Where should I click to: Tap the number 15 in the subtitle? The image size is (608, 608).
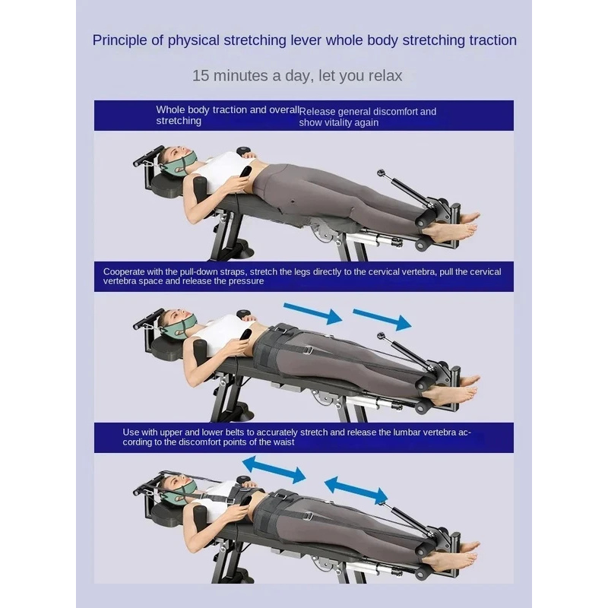tap(201, 75)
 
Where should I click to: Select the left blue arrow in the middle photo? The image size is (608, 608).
tap(312, 314)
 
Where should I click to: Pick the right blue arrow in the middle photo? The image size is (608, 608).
tap(382, 319)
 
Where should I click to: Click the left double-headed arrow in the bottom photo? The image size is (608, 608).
tap(274, 470)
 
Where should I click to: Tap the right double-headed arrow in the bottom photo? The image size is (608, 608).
tap(356, 490)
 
